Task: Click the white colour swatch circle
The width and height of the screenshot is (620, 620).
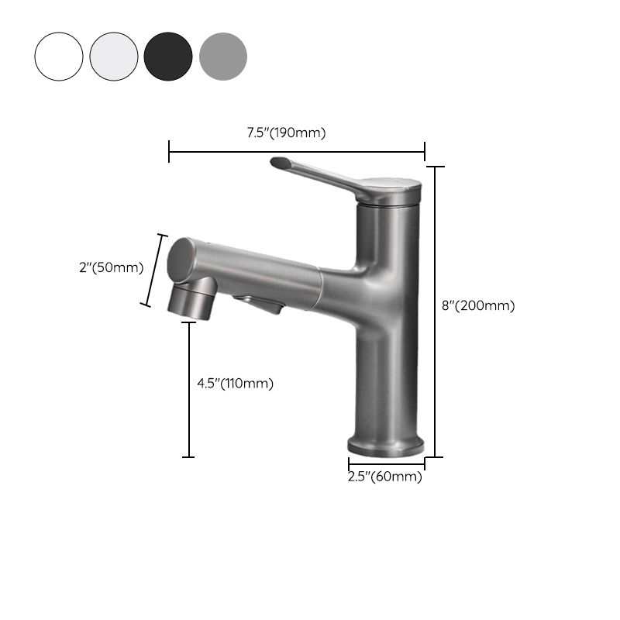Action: coord(58,56)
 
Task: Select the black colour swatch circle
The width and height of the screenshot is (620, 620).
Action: coord(168,56)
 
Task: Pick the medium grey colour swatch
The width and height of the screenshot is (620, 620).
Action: coord(223,56)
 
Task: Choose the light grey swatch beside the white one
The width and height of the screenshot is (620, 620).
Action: coord(113,56)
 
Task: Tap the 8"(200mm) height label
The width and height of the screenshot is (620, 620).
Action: coord(478,305)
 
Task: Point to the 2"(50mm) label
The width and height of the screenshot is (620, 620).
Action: coord(112,267)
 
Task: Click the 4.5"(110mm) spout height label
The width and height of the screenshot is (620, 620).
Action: coord(235,382)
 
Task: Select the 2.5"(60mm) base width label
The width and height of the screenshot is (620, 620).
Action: coord(385,477)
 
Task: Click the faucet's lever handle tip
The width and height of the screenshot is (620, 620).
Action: coord(280,163)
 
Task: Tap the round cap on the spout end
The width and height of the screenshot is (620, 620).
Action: coord(183,260)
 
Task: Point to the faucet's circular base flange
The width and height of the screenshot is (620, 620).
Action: coord(387,446)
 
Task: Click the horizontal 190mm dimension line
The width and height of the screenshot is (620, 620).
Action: coord(297,153)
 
